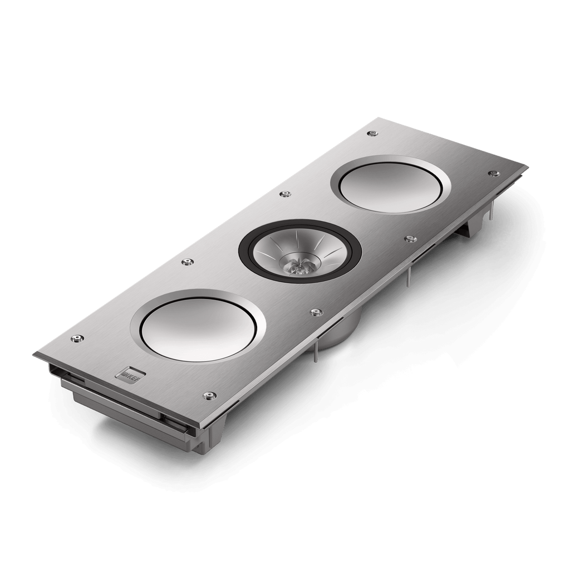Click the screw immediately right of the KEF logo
(210, 395)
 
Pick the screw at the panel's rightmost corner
(492, 173)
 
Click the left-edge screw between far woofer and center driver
(286, 194)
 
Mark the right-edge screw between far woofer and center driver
(410, 239)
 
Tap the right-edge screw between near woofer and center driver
(316, 311)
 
